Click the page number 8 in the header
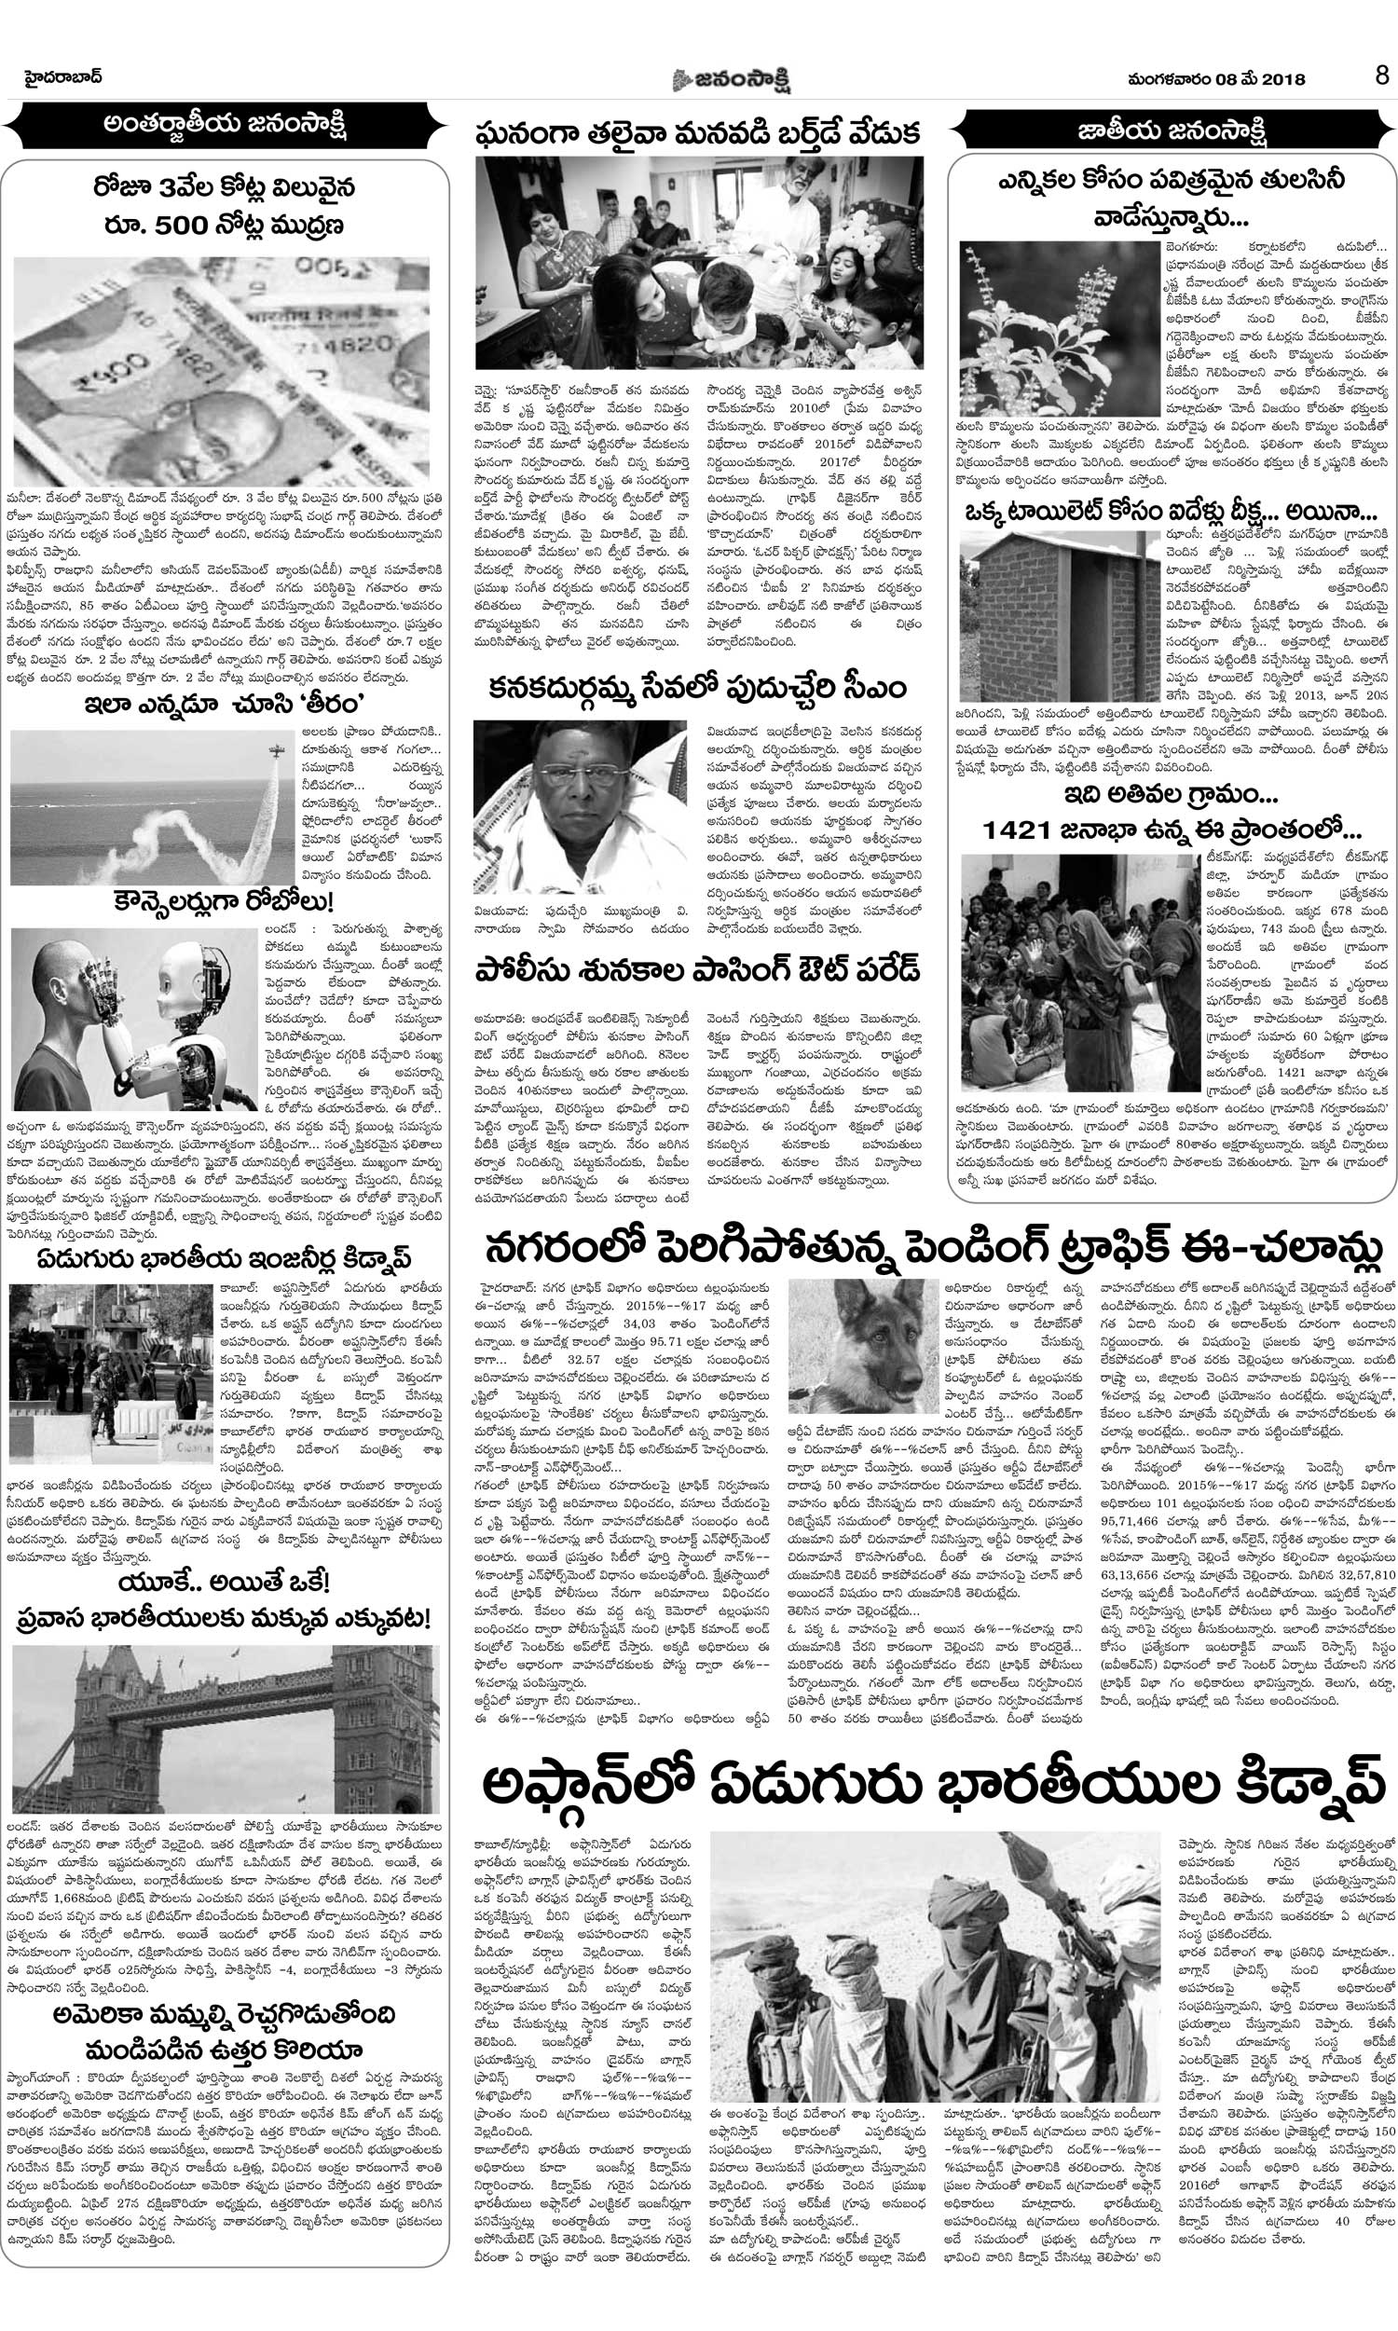pyautogui.click(x=1381, y=76)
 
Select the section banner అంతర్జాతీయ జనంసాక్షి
pyautogui.click(x=226, y=127)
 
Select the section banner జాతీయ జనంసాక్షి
pyautogui.click(x=1171, y=130)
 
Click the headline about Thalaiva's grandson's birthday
pyautogui.click(x=698, y=132)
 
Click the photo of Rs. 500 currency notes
pyautogui.click(x=222, y=370)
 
